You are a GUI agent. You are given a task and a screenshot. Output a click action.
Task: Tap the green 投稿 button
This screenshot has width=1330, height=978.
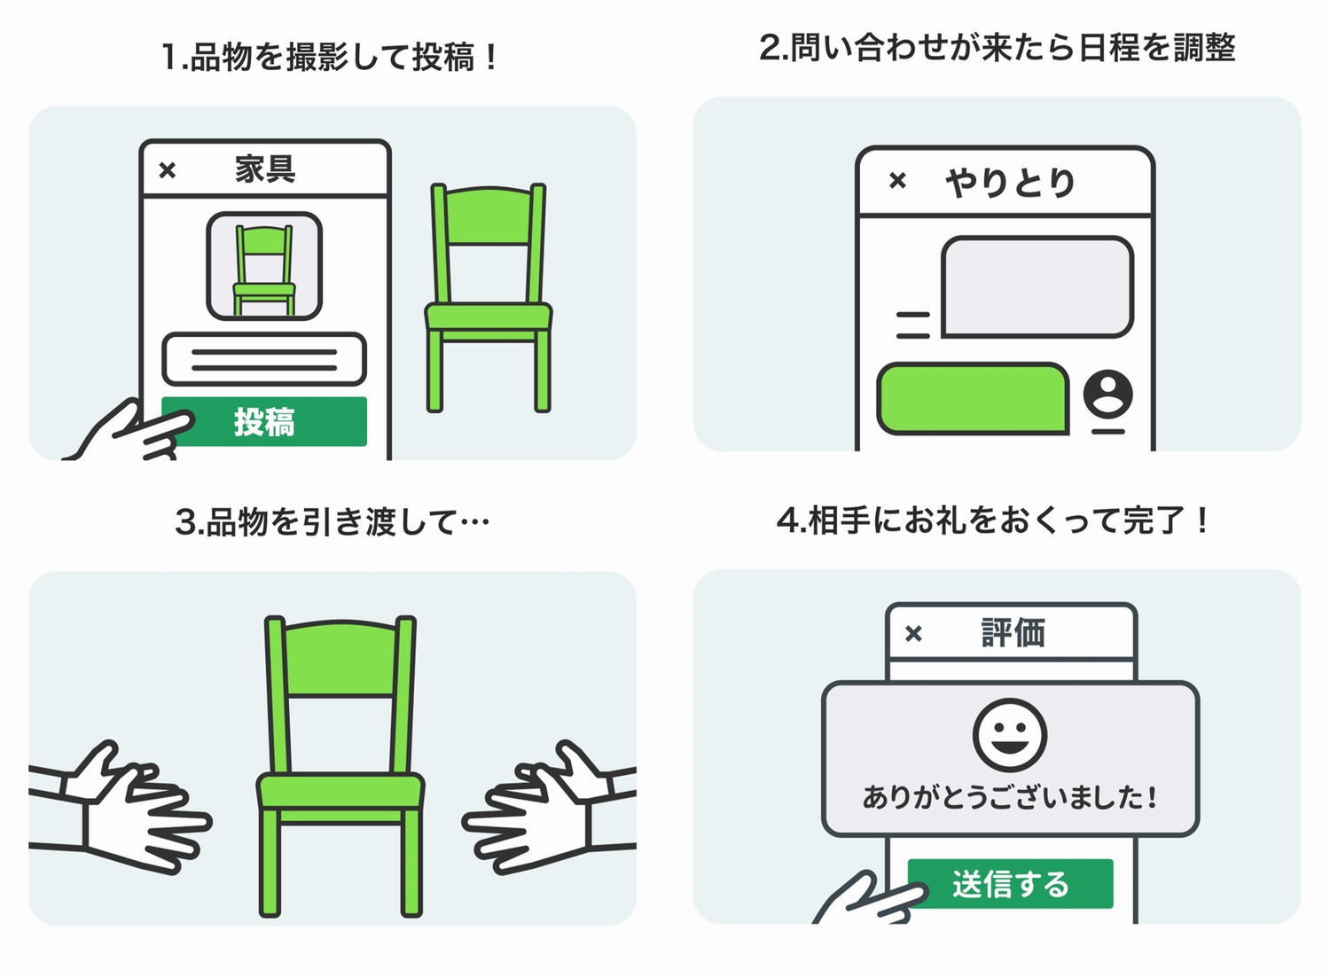click(x=264, y=422)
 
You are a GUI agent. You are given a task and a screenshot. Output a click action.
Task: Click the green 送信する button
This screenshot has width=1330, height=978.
click(x=1011, y=884)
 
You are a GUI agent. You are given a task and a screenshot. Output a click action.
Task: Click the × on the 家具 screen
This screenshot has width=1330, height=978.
click(x=168, y=170)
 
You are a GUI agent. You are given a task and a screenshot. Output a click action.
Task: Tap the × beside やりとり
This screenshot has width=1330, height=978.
click(x=897, y=182)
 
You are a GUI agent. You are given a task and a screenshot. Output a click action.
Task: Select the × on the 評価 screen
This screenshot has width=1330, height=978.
click(x=913, y=634)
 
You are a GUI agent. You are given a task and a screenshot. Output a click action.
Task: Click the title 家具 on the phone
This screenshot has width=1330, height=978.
click(x=265, y=168)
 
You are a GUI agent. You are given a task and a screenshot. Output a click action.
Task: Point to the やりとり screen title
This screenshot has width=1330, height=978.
click(x=1010, y=183)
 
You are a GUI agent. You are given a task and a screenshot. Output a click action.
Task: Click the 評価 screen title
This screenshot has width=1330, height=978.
click(x=1013, y=633)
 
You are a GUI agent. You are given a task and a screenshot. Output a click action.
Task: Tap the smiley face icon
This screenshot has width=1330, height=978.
click(x=1010, y=735)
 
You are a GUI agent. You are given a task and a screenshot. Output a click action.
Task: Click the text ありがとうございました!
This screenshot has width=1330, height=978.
click(x=1010, y=797)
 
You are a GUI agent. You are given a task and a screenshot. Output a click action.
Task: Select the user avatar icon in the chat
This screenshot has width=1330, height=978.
click(x=1107, y=394)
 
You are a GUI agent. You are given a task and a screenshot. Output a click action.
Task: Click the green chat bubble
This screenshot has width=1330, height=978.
click(x=973, y=398)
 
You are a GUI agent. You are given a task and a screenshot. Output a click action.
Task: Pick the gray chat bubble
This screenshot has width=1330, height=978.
click(x=1037, y=286)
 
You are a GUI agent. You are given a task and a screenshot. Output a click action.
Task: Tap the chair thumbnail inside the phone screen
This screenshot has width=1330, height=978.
click(x=264, y=266)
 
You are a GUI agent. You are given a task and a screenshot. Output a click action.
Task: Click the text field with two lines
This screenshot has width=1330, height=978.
click(x=264, y=359)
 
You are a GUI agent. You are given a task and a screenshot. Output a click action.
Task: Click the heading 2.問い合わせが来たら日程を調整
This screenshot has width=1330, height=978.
click(x=997, y=47)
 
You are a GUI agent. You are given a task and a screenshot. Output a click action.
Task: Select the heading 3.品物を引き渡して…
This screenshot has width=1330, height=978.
click(x=332, y=521)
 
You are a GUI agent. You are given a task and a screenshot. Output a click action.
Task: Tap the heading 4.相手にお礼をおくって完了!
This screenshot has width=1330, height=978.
click(x=993, y=520)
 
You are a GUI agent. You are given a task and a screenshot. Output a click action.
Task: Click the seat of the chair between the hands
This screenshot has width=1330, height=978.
click(x=340, y=790)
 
